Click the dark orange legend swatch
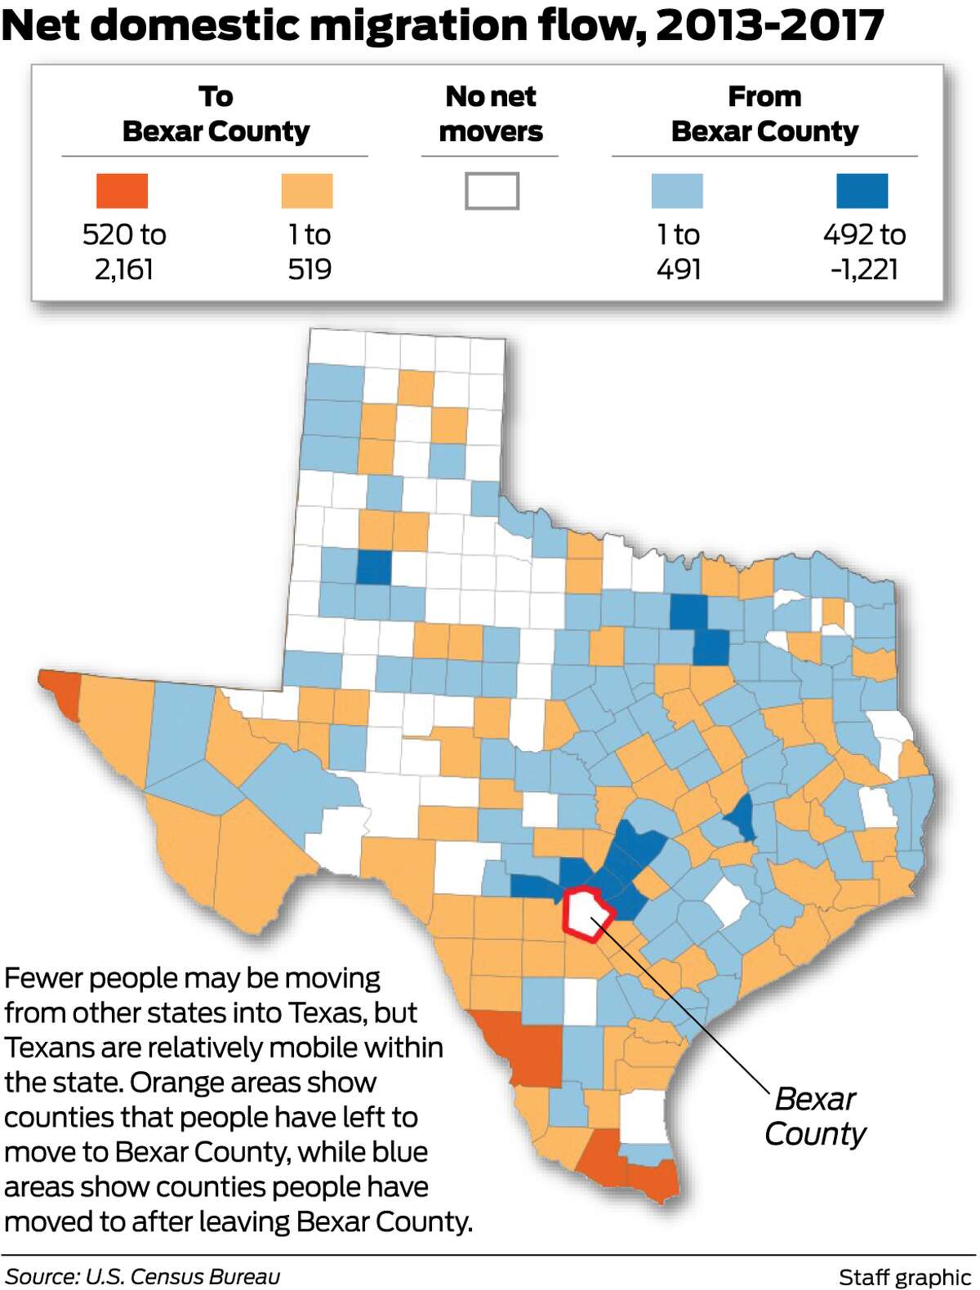click(x=122, y=191)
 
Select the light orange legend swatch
click(x=307, y=191)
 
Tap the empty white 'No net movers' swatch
click(x=492, y=191)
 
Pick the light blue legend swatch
click(x=677, y=191)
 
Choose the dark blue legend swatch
click(x=862, y=191)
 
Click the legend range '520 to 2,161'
click(x=124, y=251)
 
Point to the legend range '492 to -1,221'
click(x=864, y=251)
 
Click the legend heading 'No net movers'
click(x=491, y=113)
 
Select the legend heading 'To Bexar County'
click(x=216, y=113)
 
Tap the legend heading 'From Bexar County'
click(x=764, y=113)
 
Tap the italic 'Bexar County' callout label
click(x=814, y=1116)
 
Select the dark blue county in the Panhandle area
click(x=374, y=567)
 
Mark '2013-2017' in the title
click(x=770, y=25)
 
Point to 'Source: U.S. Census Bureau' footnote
click(x=142, y=1276)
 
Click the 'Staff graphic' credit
click(x=904, y=1277)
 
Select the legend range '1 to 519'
click(x=310, y=251)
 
